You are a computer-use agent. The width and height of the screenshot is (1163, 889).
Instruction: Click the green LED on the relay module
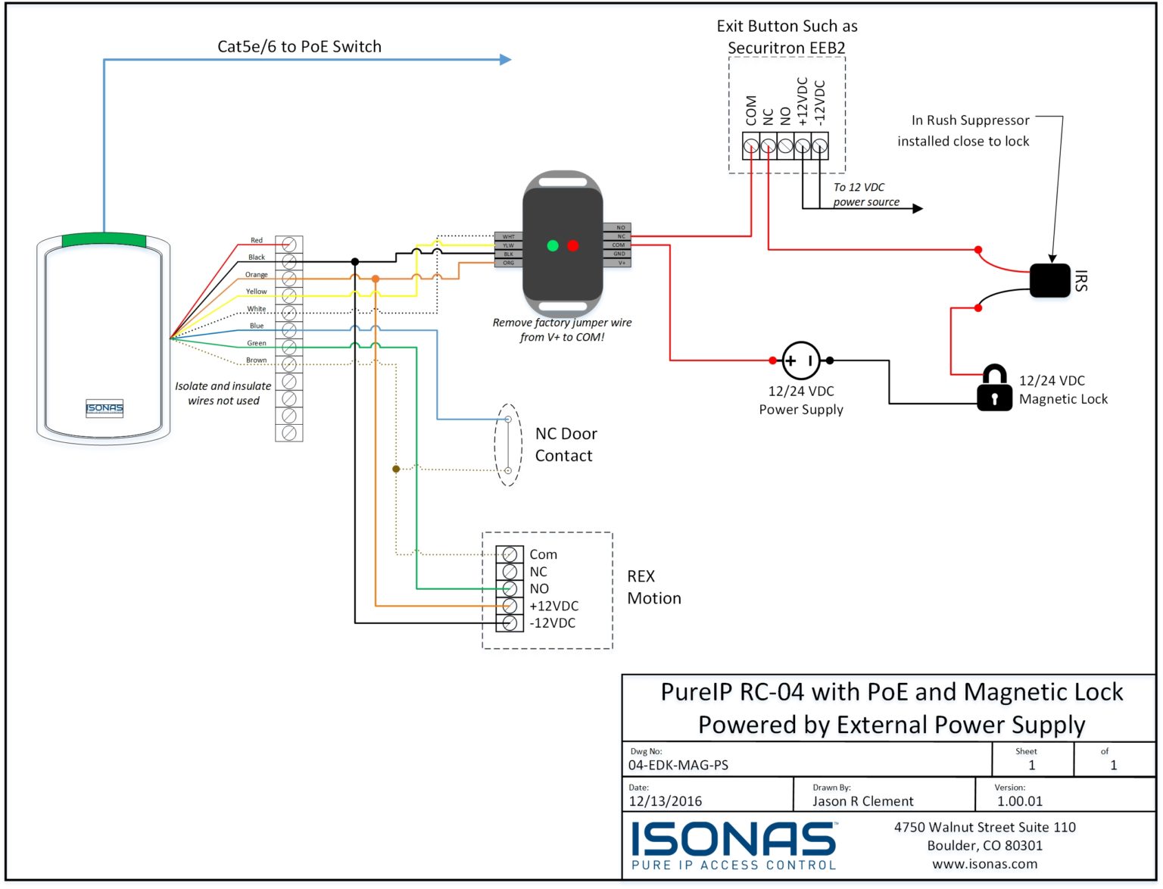click(553, 245)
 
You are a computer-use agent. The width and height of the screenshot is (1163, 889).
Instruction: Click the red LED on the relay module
click(572, 245)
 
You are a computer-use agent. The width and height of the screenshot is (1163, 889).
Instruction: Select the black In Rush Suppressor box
click(1049, 280)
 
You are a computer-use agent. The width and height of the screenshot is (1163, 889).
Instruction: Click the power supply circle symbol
click(801, 360)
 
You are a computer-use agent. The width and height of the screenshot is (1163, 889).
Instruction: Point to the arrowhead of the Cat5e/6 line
click(506, 59)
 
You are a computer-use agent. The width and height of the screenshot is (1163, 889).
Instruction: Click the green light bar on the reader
click(104, 240)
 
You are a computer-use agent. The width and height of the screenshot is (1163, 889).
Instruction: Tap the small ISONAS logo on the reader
click(104, 408)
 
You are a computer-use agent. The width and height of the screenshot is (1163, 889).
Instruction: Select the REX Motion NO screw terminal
click(510, 589)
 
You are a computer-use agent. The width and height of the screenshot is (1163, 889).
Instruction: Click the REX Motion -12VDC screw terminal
click(510, 623)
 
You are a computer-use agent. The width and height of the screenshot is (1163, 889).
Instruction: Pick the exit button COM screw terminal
click(750, 145)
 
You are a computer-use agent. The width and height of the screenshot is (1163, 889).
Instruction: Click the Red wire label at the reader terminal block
click(257, 241)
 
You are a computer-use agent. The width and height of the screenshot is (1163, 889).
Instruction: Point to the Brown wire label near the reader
click(256, 360)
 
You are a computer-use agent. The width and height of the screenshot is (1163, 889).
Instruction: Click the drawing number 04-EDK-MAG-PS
click(678, 766)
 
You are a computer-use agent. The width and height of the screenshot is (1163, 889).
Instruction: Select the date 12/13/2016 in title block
click(665, 801)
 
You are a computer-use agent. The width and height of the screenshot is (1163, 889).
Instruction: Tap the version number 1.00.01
click(1019, 801)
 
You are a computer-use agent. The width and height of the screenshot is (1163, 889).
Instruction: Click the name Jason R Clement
click(862, 801)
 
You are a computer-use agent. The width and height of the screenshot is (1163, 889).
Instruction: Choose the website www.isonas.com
click(984, 864)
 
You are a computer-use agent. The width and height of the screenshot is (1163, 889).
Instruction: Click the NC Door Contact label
click(565, 444)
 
